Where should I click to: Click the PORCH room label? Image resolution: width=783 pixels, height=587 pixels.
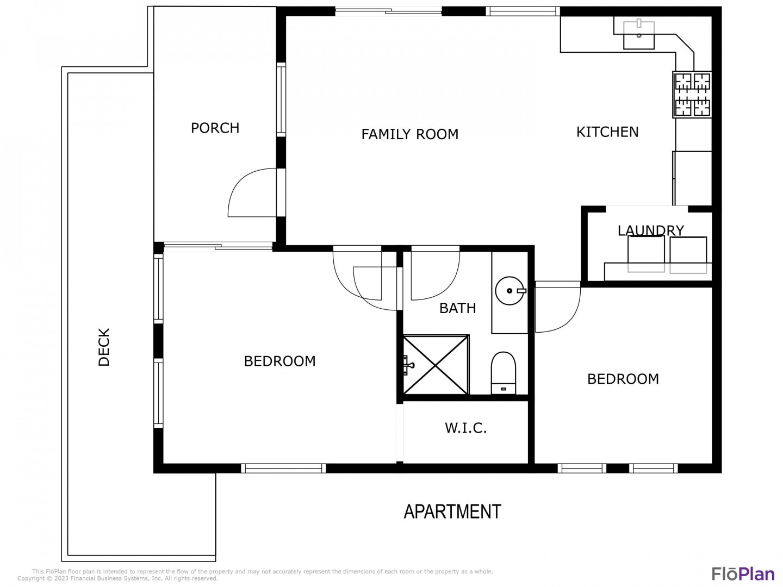[x=215, y=128]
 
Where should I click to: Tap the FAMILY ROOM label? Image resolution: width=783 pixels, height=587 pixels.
[x=409, y=134]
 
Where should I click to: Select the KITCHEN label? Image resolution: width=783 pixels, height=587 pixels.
[x=607, y=132]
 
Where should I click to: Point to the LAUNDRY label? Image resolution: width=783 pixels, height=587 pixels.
[x=651, y=230]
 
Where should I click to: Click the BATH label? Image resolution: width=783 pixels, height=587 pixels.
[x=458, y=308]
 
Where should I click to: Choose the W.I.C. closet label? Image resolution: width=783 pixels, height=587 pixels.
[x=465, y=428]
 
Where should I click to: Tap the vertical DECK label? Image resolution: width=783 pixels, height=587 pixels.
[x=104, y=347]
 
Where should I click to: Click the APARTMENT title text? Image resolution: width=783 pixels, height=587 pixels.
[x=452, y=511]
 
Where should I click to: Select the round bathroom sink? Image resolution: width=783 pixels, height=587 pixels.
[x=510, y=291]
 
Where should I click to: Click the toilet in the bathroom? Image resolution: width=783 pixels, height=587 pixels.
[x=504, y=373]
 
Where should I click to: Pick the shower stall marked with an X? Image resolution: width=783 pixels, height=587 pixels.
[x=436, y=365]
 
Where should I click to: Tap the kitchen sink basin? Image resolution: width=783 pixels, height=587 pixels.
[x=638, y=35]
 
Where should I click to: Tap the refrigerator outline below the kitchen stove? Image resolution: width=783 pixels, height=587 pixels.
[x=692, y=178]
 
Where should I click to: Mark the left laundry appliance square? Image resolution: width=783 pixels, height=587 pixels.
[x=646, y=254]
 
